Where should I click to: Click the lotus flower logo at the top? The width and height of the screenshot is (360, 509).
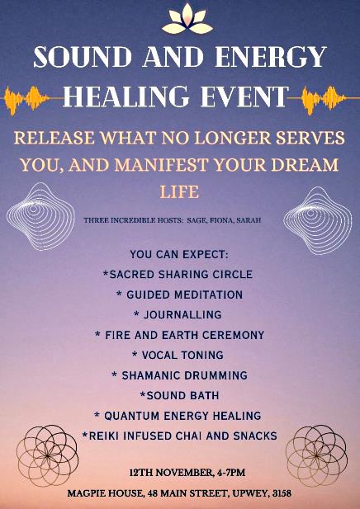coord(187,19)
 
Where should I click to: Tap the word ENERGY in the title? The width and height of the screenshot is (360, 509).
coord(270,57)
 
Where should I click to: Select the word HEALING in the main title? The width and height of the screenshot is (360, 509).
coord(126,97)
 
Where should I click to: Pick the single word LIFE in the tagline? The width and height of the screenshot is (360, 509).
coord(179,192)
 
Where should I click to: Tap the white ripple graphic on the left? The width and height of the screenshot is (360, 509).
coord(40,216)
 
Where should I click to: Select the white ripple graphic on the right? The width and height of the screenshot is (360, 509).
coord(317,220)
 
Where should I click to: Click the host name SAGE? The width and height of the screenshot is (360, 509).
coord(197,220)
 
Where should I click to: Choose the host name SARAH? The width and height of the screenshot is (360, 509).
coord(249,220)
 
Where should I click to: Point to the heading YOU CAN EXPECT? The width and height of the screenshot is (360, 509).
coord(179,254)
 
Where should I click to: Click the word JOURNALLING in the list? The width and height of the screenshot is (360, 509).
coord(182,314)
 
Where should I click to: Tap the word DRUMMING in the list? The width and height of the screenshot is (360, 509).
coord(216,375)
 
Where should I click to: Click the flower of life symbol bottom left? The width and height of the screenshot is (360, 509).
coord(47,455)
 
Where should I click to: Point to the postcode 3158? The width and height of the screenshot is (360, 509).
coord(282,494)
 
